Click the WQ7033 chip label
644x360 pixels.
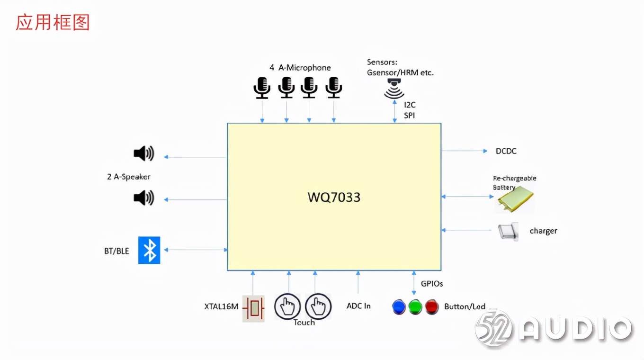[334, 197]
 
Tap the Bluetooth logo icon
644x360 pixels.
[149, 250]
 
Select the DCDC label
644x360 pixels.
[506, 151]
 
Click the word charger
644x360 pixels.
[543, 231]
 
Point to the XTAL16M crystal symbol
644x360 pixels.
[253, 309]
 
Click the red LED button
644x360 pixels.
[431, 306]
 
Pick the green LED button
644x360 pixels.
[415, 306]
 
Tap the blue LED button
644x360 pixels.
[399, 306]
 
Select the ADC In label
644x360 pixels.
[358, 306]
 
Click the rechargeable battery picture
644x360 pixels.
[515, 198]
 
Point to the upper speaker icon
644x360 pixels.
[143, 153]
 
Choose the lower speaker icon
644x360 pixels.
[143, 198]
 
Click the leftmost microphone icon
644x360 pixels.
[262, 88]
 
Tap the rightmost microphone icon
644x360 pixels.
[334, 88]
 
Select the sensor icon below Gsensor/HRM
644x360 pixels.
[394, 90]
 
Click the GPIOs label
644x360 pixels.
[432, 284]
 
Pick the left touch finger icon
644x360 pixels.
[287, 306]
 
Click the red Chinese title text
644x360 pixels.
[53, 22]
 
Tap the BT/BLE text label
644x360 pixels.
[116, 251]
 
